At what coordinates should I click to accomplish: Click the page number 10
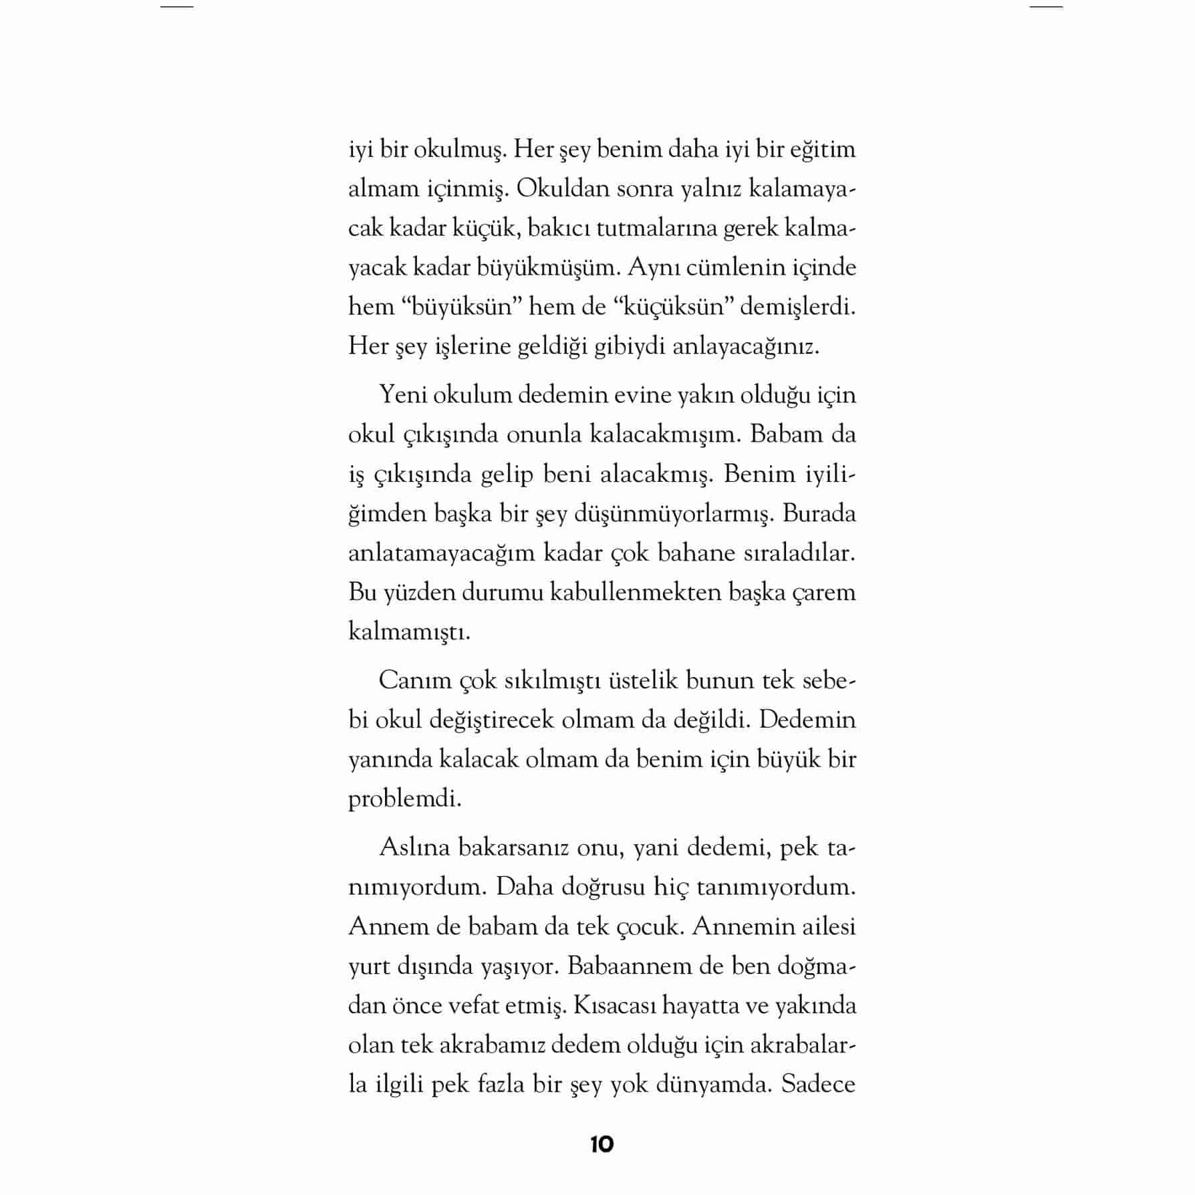pos(602,1144)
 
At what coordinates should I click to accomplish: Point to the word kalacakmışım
pos(662,434)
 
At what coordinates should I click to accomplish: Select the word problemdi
pos(404,799)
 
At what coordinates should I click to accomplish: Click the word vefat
pos(470,1006)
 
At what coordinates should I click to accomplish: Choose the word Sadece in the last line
pos(818,1085)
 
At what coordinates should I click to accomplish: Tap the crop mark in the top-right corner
pos(1046,7)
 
